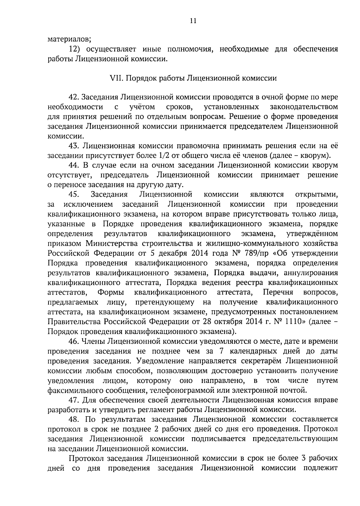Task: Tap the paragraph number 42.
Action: (74, 97)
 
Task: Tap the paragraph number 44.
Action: (74, 165)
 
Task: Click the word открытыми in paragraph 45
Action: (316, 194)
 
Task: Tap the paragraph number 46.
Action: (74, 341)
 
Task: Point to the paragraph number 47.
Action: (74, 400)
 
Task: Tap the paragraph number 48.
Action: (74, 419)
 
